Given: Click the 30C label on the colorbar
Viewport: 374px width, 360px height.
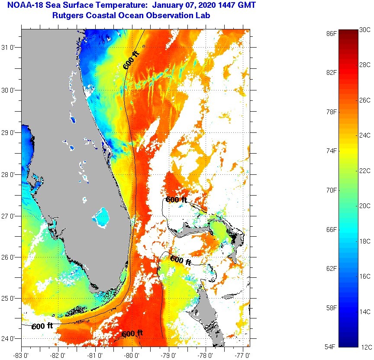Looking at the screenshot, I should tap(365, 29).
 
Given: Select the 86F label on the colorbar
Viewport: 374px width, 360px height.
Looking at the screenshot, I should tap(332, 33).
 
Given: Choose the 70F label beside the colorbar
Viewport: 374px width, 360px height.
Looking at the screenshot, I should tap(332, 190).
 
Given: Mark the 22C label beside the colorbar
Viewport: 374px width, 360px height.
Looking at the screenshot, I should tap(365, 170).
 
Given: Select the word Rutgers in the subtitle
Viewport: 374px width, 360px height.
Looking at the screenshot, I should tap(67, 16).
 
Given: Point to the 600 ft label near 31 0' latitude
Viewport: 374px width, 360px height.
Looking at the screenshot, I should tap(132, 60).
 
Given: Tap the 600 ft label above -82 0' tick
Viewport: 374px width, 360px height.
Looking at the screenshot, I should tap(42, 326).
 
